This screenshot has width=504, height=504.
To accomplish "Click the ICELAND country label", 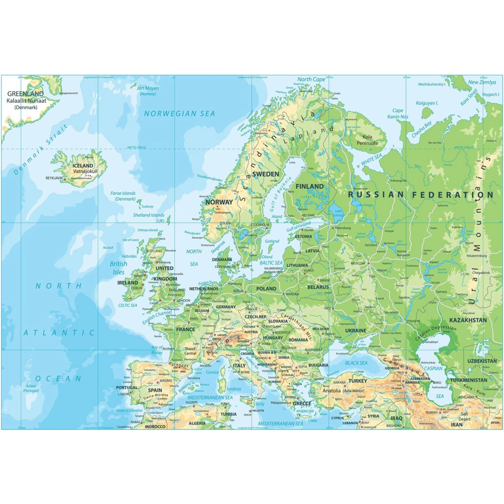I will pos(83,166).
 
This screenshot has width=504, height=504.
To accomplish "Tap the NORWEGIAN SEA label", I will pos(179,114).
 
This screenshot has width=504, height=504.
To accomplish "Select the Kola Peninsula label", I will pos(367,140).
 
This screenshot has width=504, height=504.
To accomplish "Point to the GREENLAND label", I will pos(26,94).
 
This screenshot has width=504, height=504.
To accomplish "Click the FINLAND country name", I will pos(309,186).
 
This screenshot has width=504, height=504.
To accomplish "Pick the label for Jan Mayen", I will pos(148,88).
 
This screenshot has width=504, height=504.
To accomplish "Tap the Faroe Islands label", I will pos(123,194).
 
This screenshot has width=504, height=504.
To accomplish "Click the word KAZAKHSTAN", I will pos(468,320).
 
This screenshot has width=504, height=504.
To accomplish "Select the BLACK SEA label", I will pos(356,363).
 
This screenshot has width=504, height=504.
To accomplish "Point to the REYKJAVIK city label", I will pos(54,178).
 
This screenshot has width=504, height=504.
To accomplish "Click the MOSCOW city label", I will pos(358,263).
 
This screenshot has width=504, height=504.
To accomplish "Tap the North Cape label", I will pos(311,80).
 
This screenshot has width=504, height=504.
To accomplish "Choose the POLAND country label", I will pos(266,289).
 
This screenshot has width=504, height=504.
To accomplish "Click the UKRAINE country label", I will pos(356,331).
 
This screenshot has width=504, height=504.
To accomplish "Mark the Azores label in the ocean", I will pos(31,386).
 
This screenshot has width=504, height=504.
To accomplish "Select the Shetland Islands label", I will pos(149,215).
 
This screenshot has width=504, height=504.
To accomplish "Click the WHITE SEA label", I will pos(372,159).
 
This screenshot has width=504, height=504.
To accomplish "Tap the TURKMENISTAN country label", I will pos(468,380).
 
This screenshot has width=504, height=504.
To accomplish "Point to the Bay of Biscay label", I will pos(157,350).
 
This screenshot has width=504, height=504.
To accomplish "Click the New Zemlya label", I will pos(482,82).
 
